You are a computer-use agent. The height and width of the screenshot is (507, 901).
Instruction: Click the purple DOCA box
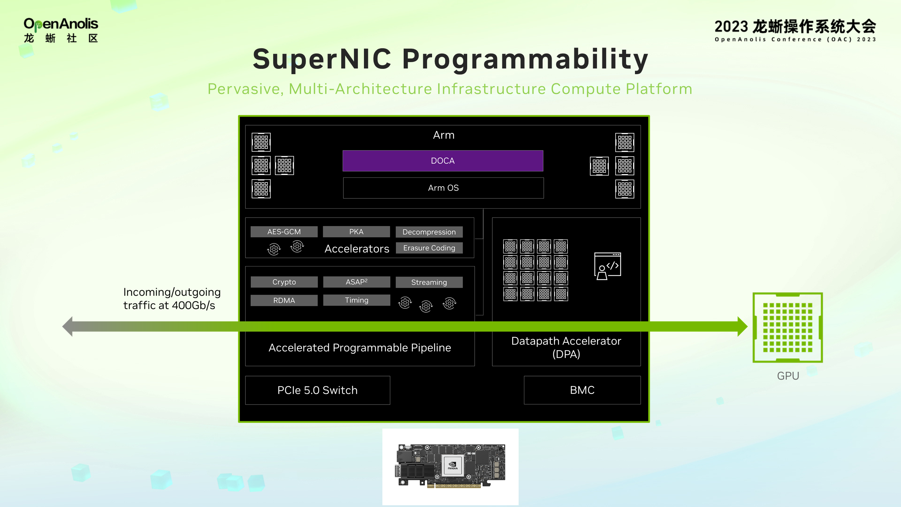point(443,161)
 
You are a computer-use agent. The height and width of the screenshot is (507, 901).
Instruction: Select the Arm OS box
point(443,188)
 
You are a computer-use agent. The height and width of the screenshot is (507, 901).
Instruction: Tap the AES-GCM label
point(284,232)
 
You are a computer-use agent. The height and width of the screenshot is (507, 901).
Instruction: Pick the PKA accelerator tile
point(356,232)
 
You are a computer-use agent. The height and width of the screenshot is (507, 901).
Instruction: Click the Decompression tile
point(429,232)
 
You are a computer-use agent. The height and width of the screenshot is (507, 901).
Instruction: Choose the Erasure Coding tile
point(429,248)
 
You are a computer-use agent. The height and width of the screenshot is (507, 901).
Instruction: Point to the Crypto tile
point(284,282)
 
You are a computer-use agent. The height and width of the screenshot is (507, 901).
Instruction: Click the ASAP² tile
point(356,282)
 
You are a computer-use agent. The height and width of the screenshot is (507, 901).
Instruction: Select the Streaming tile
point(429,282)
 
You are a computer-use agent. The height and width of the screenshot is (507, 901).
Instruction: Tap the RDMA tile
point(284,301)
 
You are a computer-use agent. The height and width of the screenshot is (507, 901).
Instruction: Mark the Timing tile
point(356,300)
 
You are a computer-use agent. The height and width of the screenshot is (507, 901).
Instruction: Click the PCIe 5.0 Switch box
point(317,390)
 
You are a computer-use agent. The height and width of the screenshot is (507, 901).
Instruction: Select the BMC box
point(582,390)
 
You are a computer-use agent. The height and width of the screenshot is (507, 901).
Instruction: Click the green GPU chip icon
point(787,327)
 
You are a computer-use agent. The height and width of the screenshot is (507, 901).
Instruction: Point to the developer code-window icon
point(607,266)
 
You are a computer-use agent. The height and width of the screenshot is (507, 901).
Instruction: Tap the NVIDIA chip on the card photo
point(453,465)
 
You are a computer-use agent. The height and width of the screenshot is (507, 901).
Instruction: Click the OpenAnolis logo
point(61,30)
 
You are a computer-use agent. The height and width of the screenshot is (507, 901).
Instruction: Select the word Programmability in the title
point(525,59)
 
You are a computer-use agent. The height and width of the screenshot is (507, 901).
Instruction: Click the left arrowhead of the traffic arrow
point(68,326)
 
